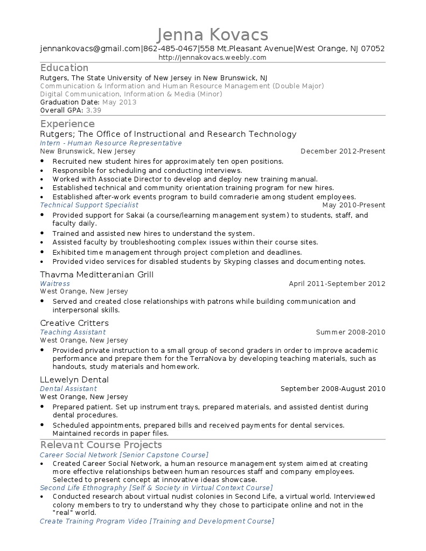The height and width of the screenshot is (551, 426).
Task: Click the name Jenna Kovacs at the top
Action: (213, 34)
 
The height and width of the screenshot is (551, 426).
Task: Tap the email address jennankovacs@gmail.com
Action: (90, 48)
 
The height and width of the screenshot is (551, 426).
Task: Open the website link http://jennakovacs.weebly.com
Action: (213, 57)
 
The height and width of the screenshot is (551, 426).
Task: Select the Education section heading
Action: (64, 68)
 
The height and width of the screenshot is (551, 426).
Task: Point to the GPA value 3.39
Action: (93, 110)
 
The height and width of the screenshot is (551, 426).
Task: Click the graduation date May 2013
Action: (119, 102)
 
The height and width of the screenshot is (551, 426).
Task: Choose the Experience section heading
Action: (67, 124)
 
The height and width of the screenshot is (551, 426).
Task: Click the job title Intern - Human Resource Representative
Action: (110, 143)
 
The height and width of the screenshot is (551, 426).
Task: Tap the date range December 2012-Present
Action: (343, 151)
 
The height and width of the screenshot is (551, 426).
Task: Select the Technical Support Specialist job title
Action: (89, 205)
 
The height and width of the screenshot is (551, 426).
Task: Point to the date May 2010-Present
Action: (353, 205)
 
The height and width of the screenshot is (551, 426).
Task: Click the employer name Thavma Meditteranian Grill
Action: (97, 275)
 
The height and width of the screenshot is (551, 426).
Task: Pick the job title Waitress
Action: (55, 283)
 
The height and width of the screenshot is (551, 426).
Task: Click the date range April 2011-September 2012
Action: (337, 283)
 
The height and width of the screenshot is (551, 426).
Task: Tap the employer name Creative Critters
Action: (74, 323)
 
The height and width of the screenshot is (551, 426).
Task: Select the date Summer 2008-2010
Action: (350, 332)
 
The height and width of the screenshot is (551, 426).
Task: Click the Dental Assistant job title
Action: (68, 388)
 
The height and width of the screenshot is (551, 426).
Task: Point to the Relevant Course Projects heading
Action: (101, 445)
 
